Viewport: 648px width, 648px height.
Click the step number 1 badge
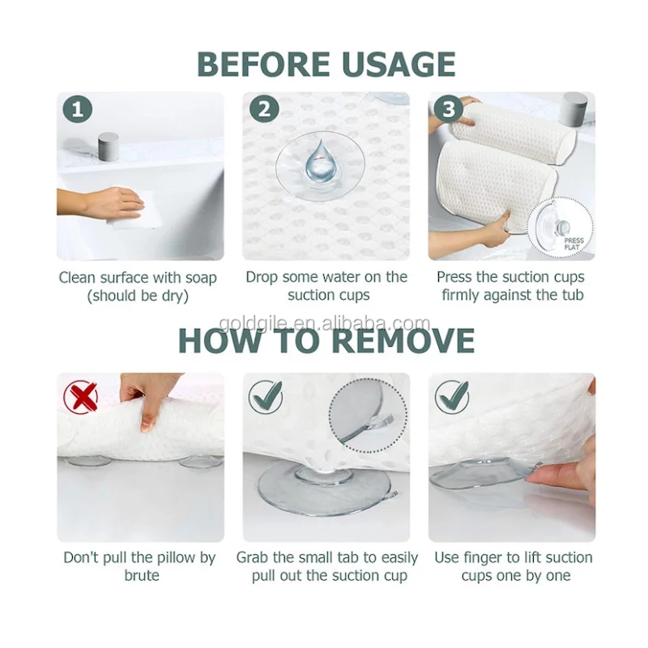point(77,109)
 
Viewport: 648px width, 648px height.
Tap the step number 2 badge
point(264,109)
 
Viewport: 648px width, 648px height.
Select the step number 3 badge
point(449,109)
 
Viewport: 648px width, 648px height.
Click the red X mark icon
point(80,397)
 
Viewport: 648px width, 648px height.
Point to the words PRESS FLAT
point(574,244)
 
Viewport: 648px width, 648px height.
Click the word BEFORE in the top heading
point(263,65)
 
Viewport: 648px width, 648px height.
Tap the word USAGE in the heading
point(399,65)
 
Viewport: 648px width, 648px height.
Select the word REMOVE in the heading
point(403,340)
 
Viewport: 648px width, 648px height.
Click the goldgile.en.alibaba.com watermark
point(325,322)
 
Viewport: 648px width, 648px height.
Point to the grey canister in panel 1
point(109,147)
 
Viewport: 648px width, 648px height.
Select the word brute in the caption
point(142,575)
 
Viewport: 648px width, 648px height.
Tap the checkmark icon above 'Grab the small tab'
point(266,397)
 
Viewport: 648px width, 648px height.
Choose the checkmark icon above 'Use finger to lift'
point(452,397)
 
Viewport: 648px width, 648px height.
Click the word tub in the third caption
point(573,295)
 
